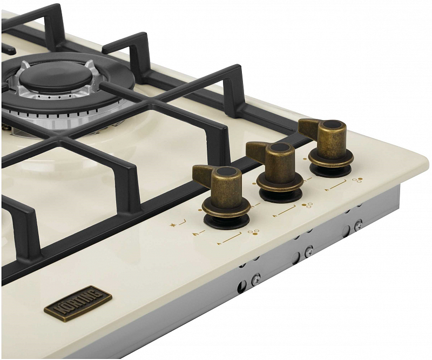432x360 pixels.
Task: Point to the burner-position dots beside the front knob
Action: pyautogui.click(x=252, y=233)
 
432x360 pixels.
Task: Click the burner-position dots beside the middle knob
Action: pyautogui.click(x=307, y=205)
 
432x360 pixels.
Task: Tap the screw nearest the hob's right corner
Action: pyautogui.click(x=358, y=224)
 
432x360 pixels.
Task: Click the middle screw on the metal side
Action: pyautogui.click(x=308, y=251)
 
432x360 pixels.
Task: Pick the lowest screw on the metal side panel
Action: pyautogui.click(x=255, y=279)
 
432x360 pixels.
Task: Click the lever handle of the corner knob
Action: pyautogui.click(x=309, y=127)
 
